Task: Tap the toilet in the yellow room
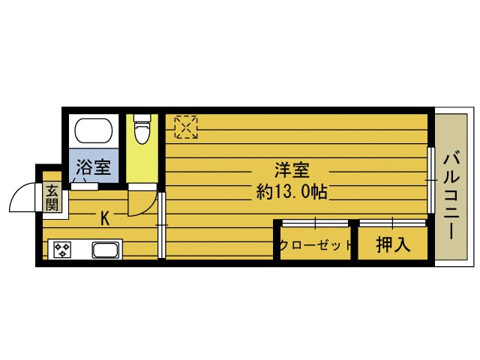click(x=141, y=129)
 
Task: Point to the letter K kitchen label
click(x=105, y=219)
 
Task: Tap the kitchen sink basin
click(x=105, y=250)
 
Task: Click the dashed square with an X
click(x=186, y=126)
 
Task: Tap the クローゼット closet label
click(x=316, y=245)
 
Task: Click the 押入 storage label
click(x=392, y=245)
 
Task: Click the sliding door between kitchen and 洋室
click(x=161, y=225)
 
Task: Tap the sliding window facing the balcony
click(x=431, y=180)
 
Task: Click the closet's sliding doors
click(x=315, y=223)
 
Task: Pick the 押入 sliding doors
click(x=392, y=223)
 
